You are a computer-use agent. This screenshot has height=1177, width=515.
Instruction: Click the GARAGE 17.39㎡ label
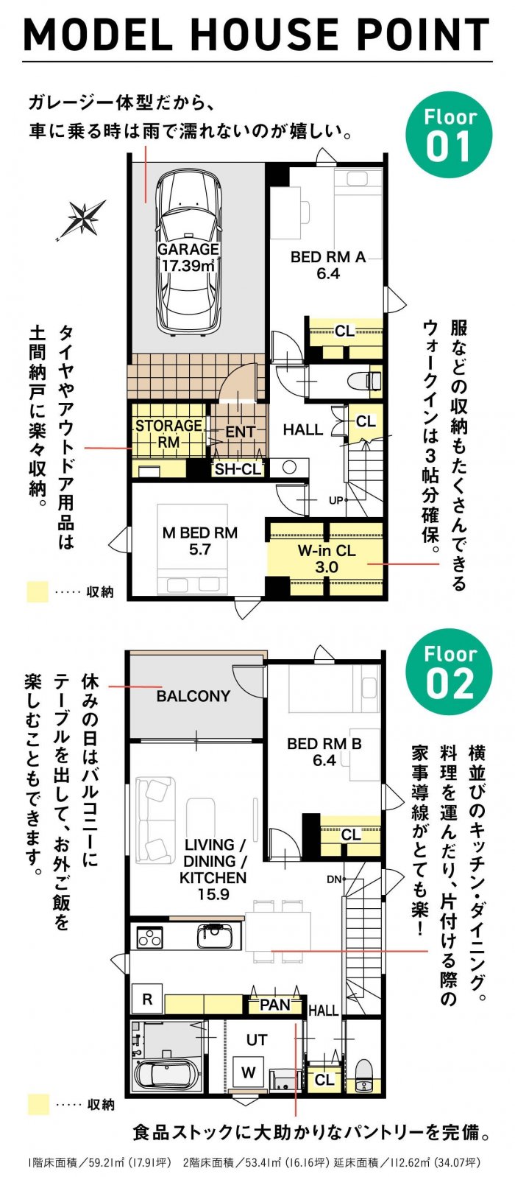pyautogui.click(x=188, y=257)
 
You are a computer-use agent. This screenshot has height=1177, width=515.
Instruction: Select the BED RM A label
pyautogui.click(x=328, y=265)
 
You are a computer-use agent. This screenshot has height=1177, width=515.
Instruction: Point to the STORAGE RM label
pyautogui.click(x=168, y=434)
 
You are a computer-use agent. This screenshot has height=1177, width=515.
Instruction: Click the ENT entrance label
pyautogui.click(x=240, y=432)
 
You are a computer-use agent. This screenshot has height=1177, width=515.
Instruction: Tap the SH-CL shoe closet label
pyautogui.click(x=238, y=469)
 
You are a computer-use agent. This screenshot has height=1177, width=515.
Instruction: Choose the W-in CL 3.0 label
pyautogui.click(x=327, y=558)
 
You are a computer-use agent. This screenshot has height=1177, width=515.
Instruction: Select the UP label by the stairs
pyautogui.click(x=336, y=500)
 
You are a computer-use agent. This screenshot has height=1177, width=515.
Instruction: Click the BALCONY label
pyautogui.click(x=193, y=696)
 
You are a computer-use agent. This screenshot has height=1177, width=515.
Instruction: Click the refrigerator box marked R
pyautogui.click(x=147, y=999)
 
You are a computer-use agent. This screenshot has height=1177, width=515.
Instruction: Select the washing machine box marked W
pyautogui.click(x=249, y=1072)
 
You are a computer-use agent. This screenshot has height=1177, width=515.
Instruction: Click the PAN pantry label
pyautogui.click(x=275, y=1005)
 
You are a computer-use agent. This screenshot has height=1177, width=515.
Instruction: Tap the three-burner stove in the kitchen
pyautogui.click(x=150, y=938)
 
